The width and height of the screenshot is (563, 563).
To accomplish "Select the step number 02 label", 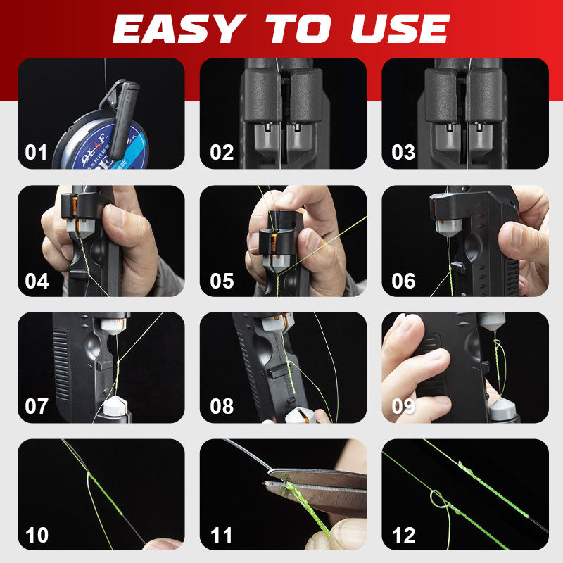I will coord(222,153).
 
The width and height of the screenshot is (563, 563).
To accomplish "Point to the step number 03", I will coord(403,153).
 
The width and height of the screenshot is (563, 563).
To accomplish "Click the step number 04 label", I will coord(37,281).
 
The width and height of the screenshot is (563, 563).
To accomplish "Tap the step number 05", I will coord(222,281).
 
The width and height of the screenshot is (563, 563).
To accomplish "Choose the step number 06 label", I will coord(403,281).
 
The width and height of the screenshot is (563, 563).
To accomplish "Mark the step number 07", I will coord(37,407).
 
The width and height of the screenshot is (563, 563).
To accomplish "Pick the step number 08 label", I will coord(222,407).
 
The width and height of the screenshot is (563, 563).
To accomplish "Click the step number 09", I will coord(403,407).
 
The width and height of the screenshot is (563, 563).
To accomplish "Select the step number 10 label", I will coord(37,535).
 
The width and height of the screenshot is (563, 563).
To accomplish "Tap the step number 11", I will coord(222,535).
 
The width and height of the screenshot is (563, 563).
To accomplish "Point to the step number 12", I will coord(403,535).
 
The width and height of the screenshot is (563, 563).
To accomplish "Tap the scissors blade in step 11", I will coord(317,486).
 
